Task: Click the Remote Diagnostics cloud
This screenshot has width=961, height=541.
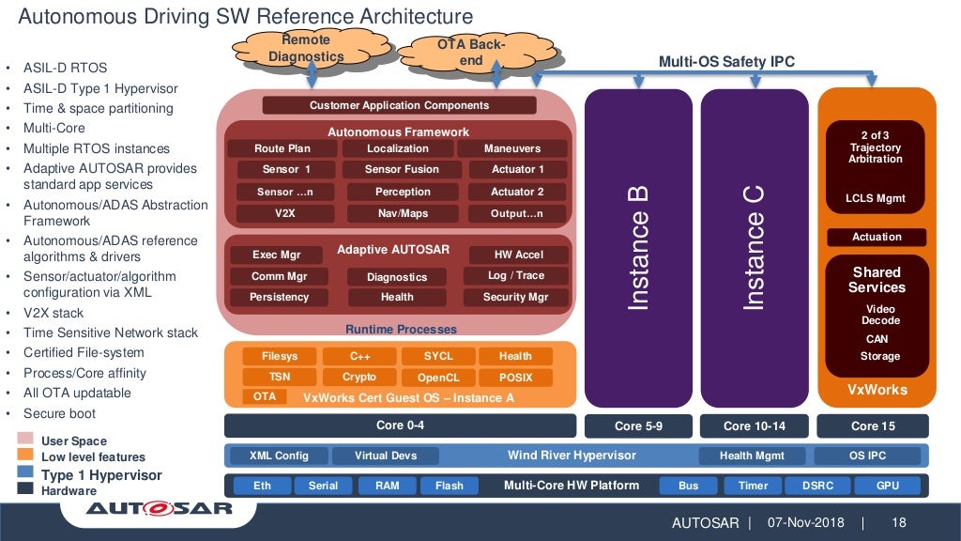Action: [305, 48]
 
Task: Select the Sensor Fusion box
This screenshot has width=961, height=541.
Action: [402, 170]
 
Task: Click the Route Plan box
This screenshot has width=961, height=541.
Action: [282, 148]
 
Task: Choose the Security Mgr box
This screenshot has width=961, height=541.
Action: [515, 297]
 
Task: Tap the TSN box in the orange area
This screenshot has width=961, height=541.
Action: [280, 377]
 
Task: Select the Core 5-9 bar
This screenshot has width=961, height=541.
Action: [639, 426]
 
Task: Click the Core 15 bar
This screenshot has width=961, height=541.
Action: [873, 426]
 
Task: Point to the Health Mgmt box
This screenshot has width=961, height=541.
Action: [749, 456]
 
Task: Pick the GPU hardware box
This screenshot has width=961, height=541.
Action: [888, 486]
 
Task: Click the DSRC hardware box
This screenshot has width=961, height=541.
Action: [817, 486]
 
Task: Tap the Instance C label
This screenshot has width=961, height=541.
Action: [755, 248]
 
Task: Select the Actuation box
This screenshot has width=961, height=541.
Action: [877, 237]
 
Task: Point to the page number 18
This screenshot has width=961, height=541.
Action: [898, 522]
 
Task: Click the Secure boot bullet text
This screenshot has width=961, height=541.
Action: [59, 413]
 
